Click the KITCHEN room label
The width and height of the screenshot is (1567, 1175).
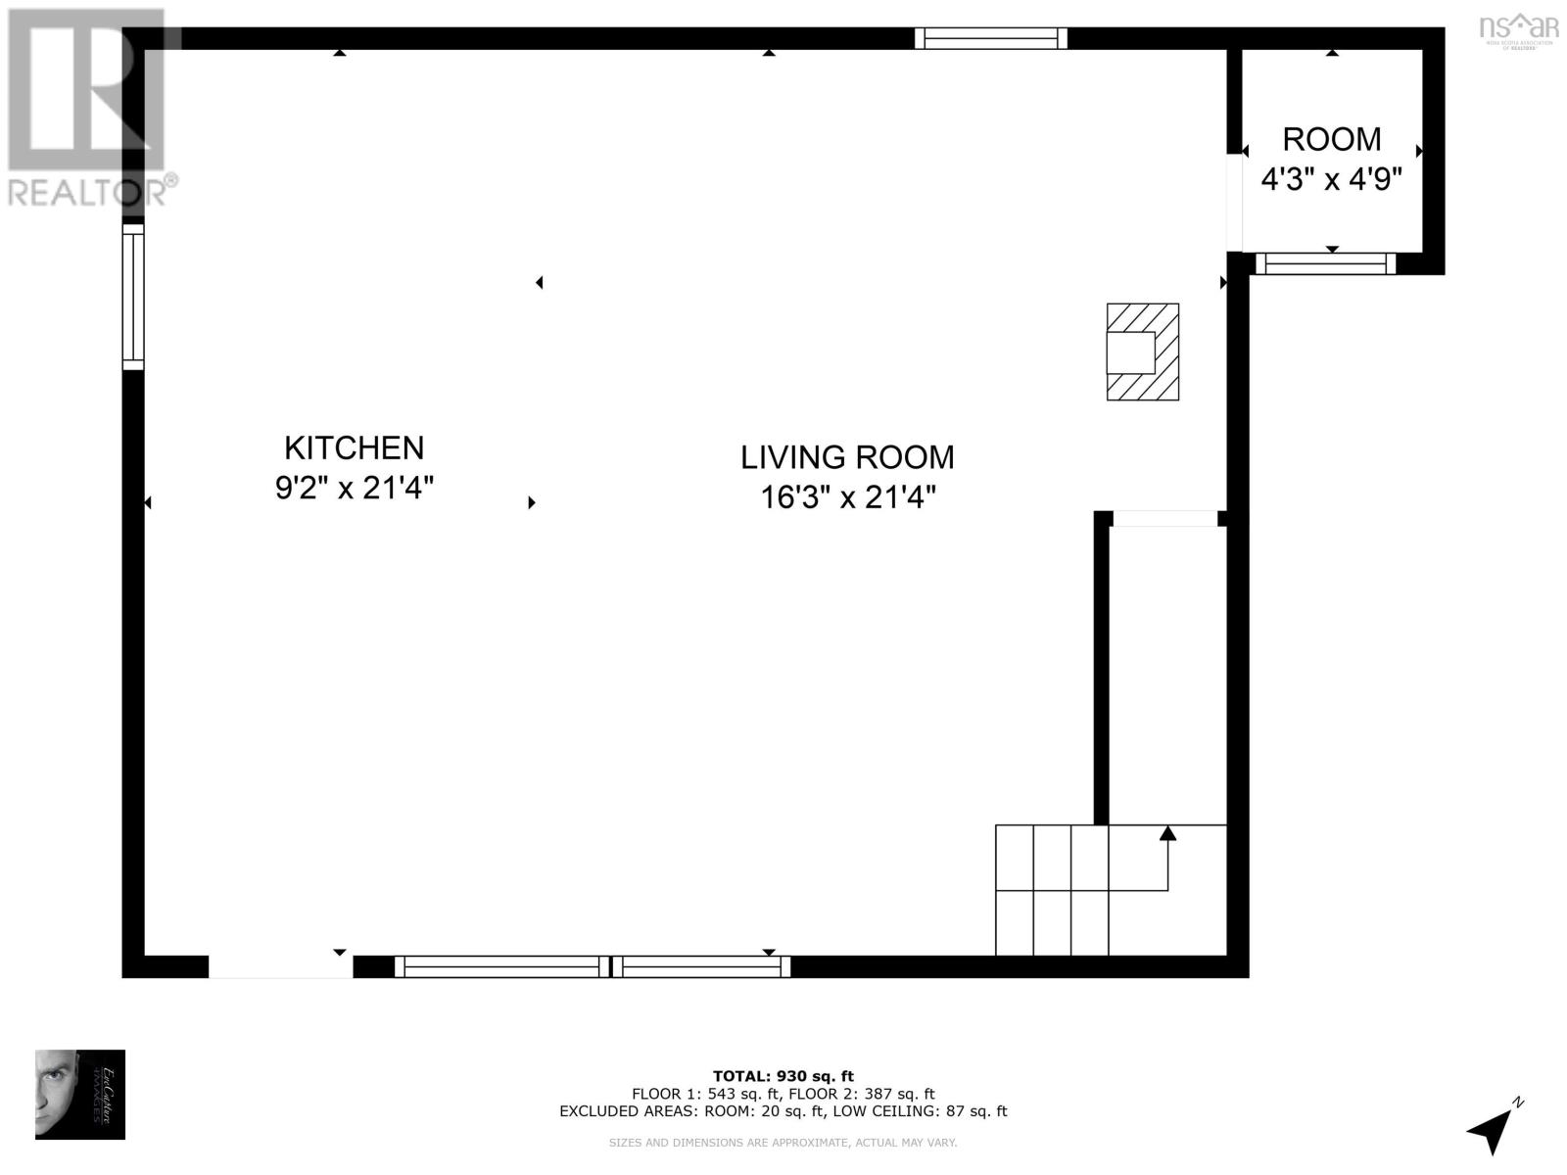[x=354, y=447]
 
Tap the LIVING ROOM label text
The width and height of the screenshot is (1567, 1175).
[x=847, y=457]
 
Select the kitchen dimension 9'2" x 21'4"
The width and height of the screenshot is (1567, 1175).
[x=354, y=488]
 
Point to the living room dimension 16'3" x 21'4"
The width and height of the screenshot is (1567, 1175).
[x=848, y=497]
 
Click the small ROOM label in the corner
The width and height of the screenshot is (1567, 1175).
[x=1332, y=139]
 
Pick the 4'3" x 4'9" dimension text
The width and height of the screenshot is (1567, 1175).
[x=1332, y=180]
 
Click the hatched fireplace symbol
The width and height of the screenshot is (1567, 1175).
[x=1143, y=352]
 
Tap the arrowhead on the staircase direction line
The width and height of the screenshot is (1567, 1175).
[x=1167, y=833]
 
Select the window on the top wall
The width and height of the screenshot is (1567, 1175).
[x=991, y=38]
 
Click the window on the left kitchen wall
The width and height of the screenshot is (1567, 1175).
[x=133, y=297]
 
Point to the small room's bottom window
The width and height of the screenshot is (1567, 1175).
[x=1325, y=263]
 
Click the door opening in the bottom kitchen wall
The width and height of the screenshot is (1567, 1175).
[x=281, y=966]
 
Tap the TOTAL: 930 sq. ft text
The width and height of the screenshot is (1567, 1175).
[x=783, y=1076]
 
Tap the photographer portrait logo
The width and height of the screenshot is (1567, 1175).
[x=80, y=1094]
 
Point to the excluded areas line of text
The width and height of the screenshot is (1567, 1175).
[x=783, y=1111]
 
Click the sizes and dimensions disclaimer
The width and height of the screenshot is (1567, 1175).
[x=783, y=1143]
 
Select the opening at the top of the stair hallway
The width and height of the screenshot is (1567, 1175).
[x=1165, y=518]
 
